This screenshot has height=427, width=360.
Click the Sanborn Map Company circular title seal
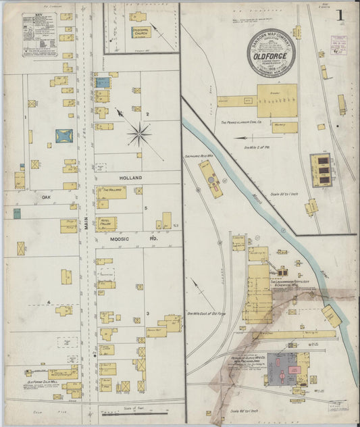tap(271, 53)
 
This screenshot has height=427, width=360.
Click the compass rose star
tap(139, 134)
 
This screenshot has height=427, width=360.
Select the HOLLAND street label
tap(132, 177)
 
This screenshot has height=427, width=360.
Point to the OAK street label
tap(47, 197)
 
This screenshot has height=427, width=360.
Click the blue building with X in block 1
tap(64, 135)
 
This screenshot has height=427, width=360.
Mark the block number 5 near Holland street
tap(146, 208)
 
